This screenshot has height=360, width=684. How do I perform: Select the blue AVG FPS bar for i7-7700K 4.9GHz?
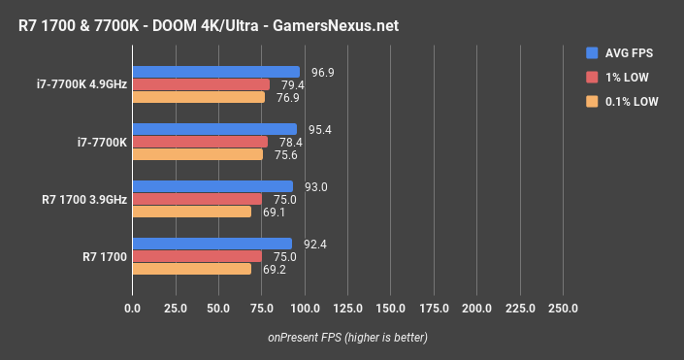215,72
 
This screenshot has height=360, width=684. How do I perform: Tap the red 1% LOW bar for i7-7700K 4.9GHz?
201,84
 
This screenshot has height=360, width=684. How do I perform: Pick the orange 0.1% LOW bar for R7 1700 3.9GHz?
191,212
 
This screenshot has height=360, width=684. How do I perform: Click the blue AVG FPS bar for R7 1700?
212,244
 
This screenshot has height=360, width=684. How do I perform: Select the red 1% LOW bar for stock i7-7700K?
200,142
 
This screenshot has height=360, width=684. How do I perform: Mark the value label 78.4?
292,142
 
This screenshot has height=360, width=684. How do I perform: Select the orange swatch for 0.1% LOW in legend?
592,101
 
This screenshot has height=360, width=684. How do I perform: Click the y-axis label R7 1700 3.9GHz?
84,199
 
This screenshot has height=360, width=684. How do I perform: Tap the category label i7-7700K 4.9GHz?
79,84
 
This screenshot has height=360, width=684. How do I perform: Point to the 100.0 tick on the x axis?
305,309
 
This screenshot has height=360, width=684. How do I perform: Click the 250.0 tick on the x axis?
563,309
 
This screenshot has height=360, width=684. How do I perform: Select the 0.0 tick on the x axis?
133,309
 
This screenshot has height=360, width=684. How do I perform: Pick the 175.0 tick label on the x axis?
434,309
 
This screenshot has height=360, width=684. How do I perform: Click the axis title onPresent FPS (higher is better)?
347,338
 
